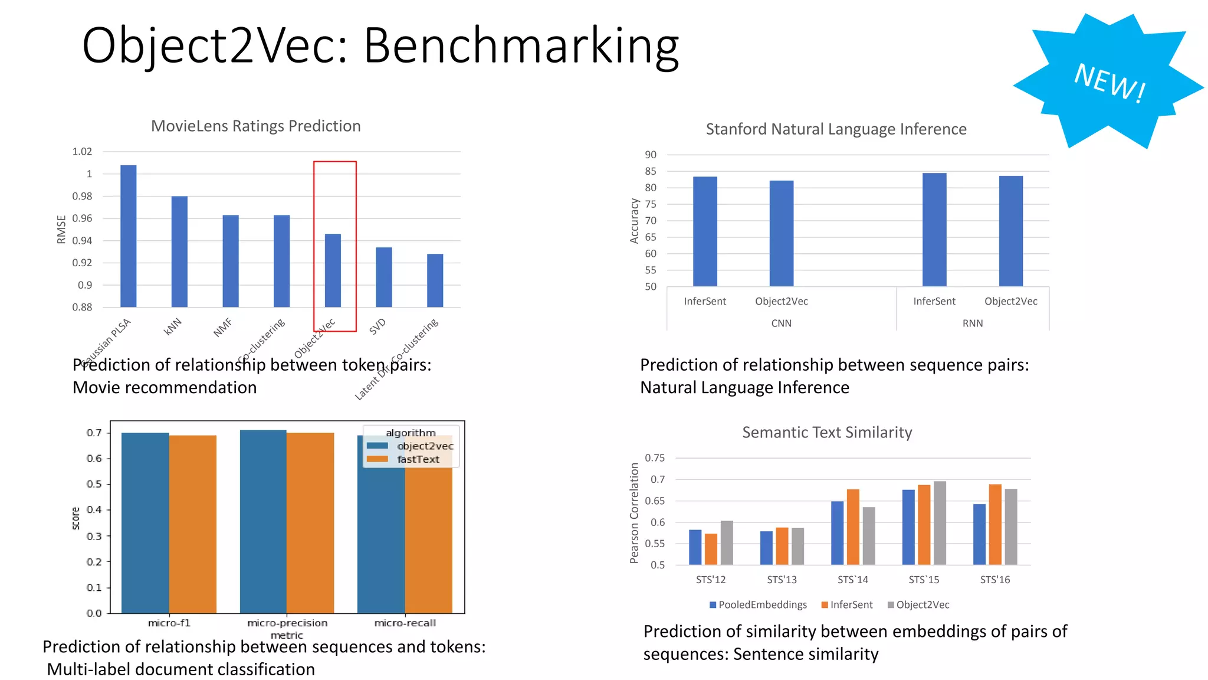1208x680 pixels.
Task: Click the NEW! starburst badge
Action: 1108,81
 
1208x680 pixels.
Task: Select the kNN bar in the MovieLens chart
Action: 179,252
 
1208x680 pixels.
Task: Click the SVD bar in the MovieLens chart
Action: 384,277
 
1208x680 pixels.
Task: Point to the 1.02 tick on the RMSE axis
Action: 82,152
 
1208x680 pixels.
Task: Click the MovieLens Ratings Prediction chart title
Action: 255,126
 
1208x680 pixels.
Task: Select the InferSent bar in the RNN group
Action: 934,230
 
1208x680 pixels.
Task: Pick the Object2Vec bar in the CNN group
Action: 782,234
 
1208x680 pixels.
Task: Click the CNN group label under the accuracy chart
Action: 781,323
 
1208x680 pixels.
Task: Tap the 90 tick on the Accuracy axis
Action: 650,155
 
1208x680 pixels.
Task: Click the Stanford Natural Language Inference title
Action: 836,129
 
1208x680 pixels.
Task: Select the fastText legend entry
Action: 417,459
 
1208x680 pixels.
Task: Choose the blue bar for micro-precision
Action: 263,522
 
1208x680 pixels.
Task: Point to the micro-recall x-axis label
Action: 405,623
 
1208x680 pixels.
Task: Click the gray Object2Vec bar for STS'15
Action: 940,524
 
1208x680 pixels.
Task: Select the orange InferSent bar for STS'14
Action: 853,527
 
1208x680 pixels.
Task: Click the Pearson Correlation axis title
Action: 634,512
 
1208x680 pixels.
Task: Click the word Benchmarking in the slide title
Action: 521,46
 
